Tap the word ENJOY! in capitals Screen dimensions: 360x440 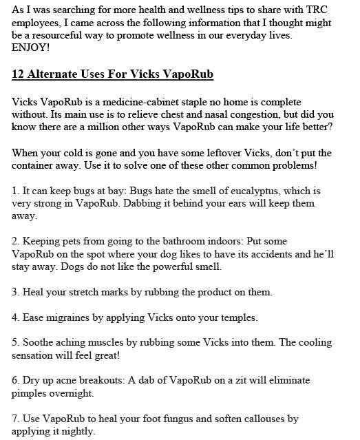pos(30,48)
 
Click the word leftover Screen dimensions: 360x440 pos(234,153)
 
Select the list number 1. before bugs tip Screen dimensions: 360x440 pos(16,191)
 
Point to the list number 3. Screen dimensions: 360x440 pos(16,292)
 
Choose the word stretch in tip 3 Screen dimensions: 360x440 pos(78,292)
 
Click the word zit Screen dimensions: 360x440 pos(218,381)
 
